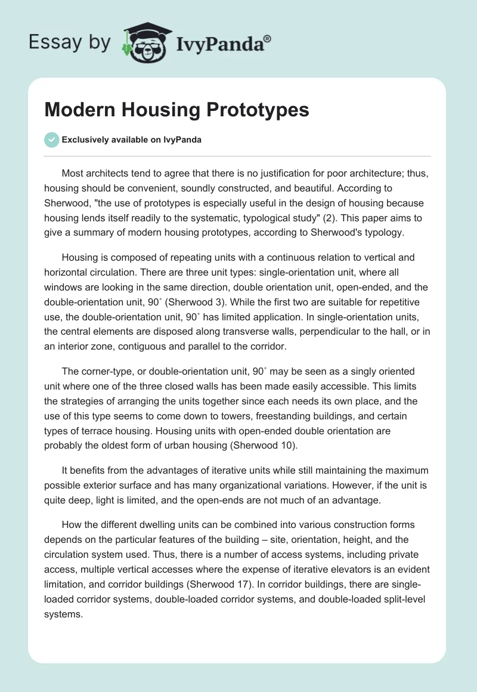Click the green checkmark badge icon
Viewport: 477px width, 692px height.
51,140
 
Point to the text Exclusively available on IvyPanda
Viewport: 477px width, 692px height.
132,140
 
